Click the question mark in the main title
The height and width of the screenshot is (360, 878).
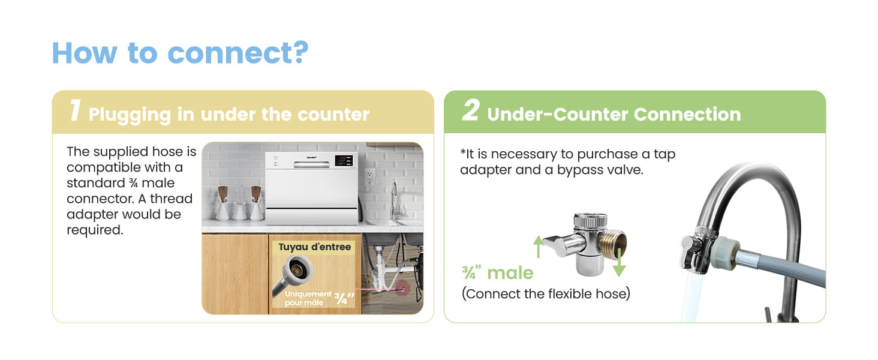point(299,52)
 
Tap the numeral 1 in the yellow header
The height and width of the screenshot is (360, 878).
point(75,110)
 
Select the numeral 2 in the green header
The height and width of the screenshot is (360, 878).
point(470,110)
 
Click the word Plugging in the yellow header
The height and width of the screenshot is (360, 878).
point(130,115)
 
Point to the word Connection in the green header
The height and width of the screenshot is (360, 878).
point(687,114)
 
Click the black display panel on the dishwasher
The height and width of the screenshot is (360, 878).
point(344,160)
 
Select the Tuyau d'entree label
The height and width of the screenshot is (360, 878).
point(314,247)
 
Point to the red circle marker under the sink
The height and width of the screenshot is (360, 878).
point(402,289)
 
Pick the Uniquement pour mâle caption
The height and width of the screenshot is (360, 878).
point(308,298)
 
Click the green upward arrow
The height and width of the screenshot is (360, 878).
point(538,246)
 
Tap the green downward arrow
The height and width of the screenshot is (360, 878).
point(619,262)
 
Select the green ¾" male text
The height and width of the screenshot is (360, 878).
point(497,272)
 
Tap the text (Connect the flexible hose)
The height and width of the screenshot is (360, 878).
point(546,294)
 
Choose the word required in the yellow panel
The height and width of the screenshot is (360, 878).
point(95,230)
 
